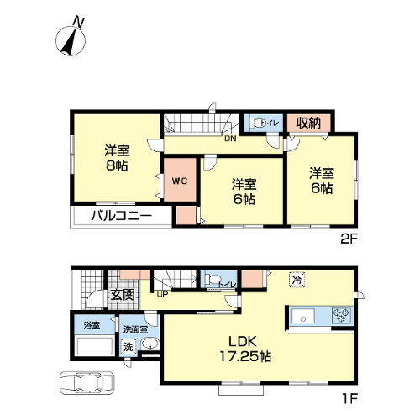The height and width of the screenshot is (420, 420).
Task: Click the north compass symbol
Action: point(71,40)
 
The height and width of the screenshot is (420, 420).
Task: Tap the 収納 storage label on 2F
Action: point(308,123)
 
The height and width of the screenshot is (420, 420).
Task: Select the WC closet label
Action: point(180,181)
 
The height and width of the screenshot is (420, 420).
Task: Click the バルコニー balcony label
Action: point(121,216)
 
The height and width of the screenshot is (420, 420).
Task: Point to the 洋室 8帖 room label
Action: point(117,158)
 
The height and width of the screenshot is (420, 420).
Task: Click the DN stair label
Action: point(230,139)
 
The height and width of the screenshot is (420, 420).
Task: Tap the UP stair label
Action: point(163,295)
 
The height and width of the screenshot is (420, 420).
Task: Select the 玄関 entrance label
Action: point(123,295)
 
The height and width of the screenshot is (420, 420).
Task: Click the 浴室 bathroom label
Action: point(92,326)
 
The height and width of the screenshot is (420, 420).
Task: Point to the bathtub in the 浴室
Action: point(95,346)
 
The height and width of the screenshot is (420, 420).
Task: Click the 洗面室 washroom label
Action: point(135,329)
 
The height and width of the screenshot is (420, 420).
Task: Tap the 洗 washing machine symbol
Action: point(128,347)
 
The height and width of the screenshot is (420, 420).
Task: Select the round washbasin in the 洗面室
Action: point(150,344)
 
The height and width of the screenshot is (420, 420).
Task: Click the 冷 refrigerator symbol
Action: point(297,280)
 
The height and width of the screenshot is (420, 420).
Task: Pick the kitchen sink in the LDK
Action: point(302,316)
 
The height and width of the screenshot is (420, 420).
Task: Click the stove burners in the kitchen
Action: point(341,315)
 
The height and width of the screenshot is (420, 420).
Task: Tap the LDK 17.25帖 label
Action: point(245,349)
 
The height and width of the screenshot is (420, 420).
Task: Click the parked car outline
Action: point(87,382)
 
